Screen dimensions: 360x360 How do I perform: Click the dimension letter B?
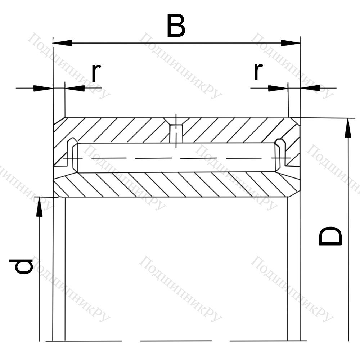click(176, 26)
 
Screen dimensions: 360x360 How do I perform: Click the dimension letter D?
click(330, 236)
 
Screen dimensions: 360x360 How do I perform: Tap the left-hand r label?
click(96, 72)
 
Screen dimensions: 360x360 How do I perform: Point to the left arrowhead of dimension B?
click(62, 43)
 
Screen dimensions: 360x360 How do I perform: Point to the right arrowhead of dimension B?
click(291, 43)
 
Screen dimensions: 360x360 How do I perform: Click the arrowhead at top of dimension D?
click(348, 128)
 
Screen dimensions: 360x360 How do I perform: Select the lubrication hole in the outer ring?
click(176, 134)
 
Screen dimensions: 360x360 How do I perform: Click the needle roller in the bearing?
click(176, 158)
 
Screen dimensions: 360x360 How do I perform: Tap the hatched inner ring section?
click(176, 185)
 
